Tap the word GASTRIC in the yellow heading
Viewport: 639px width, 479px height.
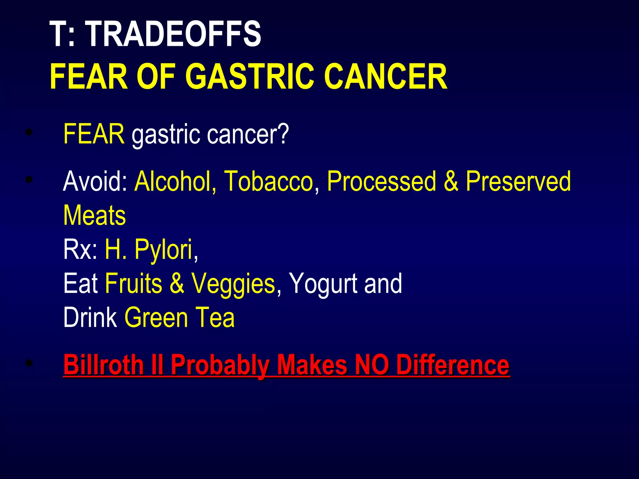tap(250, 77)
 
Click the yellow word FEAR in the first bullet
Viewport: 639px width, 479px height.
tap(94, 134)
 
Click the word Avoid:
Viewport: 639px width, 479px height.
tap(95, 181)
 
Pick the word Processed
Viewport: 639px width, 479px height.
tap(381, 181)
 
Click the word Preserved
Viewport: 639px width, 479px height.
tap(518, 181)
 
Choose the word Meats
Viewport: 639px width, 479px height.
tap(95, 216)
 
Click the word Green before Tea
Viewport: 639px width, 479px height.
tap(156, 317)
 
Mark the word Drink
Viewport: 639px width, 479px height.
tap(90, 317)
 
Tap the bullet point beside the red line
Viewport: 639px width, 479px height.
tap(29, 363)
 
